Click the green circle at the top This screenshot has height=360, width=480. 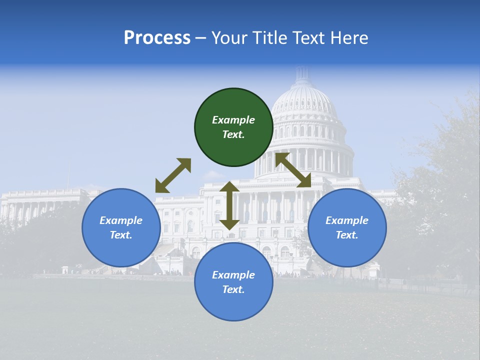point(233,127)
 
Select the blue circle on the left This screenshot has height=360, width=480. point(121,227)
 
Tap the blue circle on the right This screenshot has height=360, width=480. point(347,227)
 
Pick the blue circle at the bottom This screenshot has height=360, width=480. point(233,282)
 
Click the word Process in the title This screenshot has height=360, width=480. point(157,38)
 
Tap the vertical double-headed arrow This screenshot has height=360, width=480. point(229,205)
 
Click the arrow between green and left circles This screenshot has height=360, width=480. point(173,175)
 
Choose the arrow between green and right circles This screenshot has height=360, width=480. point(293,170)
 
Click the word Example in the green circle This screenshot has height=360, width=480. point(233,120)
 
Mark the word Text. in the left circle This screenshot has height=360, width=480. point(121,235)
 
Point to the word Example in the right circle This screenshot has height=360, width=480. point(347,220)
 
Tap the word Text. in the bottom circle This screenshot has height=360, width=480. point(233,289)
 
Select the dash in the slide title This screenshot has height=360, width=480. point(201,38)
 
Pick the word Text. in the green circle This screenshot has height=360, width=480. point(233,134)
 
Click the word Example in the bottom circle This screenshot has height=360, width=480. point(233,275)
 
